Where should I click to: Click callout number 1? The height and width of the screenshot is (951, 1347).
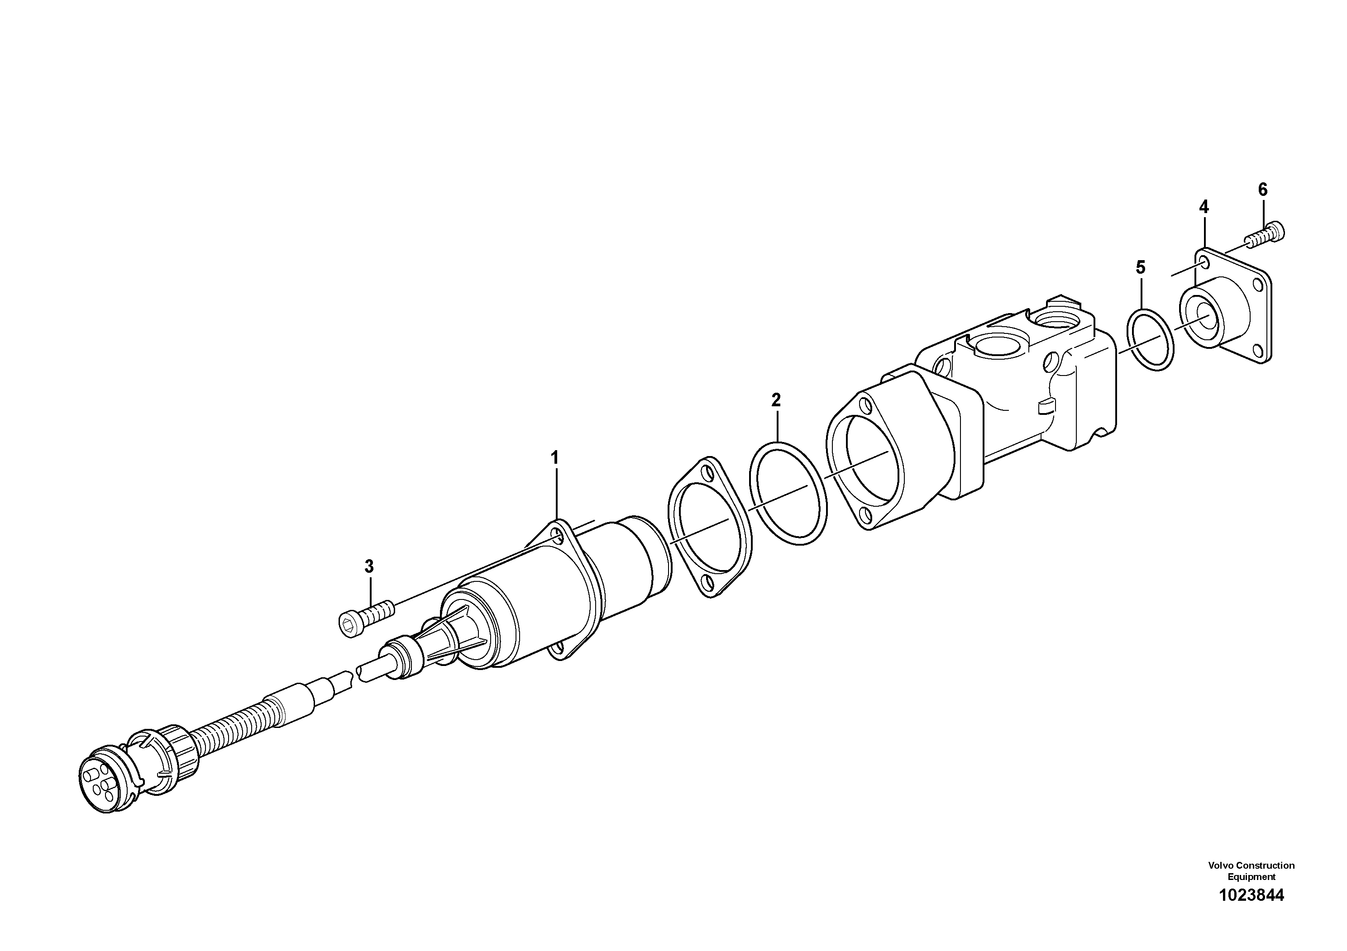[554, 458]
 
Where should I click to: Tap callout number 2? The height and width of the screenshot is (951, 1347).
[776, 401]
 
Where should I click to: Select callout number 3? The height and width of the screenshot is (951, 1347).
[369, 566]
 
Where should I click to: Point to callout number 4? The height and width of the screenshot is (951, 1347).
[1203, 206]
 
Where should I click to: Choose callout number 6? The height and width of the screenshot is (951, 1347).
[1262, 190]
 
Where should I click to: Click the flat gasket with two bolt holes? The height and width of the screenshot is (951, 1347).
[709, 527]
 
